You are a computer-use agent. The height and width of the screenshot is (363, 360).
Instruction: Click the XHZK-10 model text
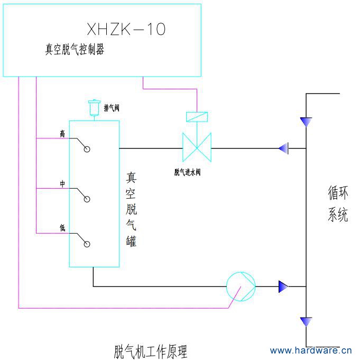click(126, 29)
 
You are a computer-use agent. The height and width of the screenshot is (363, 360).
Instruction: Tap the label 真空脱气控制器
click(75, 50)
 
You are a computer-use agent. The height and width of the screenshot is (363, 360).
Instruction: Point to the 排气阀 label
click(112, 108)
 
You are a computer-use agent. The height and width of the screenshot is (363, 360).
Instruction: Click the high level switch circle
click(87, 150)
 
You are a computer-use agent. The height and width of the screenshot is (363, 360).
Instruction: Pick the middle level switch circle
click(87, 199)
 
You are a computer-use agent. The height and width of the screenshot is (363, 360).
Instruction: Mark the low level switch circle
click(87, 244)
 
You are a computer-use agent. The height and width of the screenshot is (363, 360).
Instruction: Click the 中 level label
click(62, 183)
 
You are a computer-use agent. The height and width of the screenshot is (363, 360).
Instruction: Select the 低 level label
click(62, 228)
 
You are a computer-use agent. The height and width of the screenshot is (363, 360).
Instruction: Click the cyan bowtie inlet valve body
click(197, 148)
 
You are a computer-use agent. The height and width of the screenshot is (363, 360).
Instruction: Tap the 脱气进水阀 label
click(188, 172)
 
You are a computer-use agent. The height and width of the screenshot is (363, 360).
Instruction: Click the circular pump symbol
click(241, 286)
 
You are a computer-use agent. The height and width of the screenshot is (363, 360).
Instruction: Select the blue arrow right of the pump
click(283, 287)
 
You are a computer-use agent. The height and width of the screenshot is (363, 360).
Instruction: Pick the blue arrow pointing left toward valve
click(283, 148)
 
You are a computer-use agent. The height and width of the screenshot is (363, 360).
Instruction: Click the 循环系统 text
click(338, 204)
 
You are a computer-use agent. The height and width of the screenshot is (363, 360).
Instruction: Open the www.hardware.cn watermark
click(310, 350)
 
